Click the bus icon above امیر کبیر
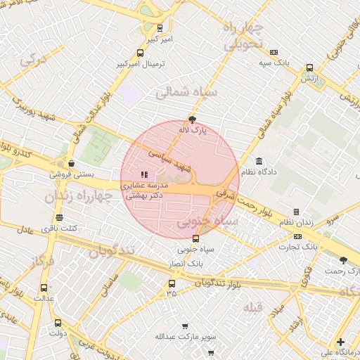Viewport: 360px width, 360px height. coord(160,29)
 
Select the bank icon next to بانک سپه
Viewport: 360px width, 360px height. coord(274,52)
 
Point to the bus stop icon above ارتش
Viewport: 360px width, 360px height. coord(309,68)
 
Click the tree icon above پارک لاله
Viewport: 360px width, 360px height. coord(193,119)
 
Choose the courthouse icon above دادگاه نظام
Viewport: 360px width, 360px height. coord(259,161)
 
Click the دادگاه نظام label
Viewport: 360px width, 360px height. coord(259,172)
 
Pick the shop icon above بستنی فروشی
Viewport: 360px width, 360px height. coord(71,163)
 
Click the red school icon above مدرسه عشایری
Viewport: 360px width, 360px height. coord(144,174)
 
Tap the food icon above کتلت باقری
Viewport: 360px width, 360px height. coord(59,217)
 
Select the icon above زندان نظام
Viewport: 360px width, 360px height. coord(296,212)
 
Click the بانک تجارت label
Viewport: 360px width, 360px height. coord(297,247)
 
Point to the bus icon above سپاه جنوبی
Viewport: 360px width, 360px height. coord(195,238)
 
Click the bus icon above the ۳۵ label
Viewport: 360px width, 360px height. coord(172,283)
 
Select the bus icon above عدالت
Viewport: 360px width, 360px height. coord(44,288)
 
